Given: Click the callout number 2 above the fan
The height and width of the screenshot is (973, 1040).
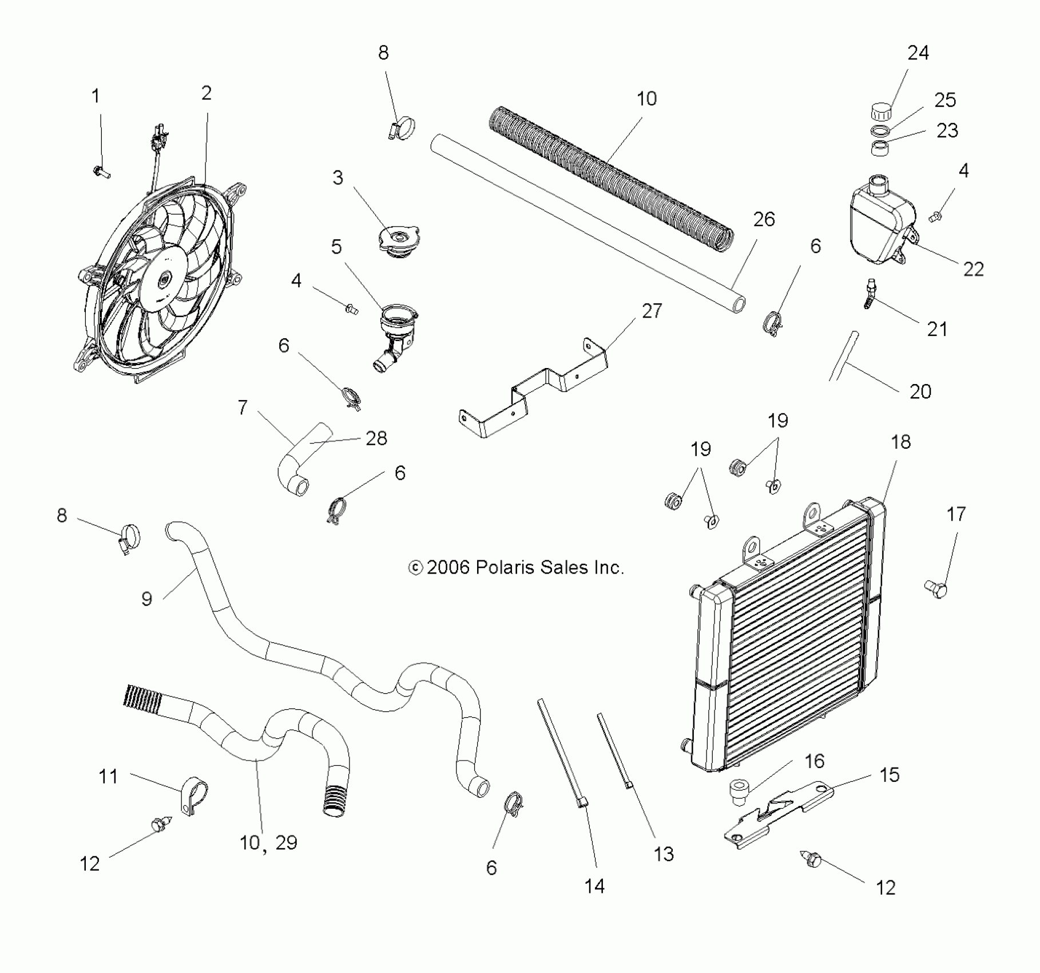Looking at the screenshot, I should pyautogui.click(x=207, y=93).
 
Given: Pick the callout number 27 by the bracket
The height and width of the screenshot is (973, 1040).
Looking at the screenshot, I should pyautogui.click(x=652, y=311).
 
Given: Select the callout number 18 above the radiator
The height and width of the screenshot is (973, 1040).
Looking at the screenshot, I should pyautogui.click(x=900, y=441).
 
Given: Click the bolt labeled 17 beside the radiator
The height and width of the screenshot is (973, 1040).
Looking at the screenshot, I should pyautogui.click(x=936, y=588).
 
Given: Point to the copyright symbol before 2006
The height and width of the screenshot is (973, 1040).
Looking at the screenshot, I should pyautogui.click(x=415, y=567).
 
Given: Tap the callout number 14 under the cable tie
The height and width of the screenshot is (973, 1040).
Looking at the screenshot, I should pyautogui.click(x=594, y=886).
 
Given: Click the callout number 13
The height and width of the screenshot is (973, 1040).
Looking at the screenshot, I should pyautogui.click(x=664, y=854).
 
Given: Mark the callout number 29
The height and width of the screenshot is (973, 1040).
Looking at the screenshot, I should pyautogui.click(x=286, y=843).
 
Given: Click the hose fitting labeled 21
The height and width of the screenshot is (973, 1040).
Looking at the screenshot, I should pyautogui.click(x=870, y=293).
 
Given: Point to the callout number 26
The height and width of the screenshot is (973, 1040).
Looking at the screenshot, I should pyautogui.click(x=764, y=219).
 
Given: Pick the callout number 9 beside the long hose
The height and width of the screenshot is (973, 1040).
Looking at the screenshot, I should pyautogui.click(x=146, y=599).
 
